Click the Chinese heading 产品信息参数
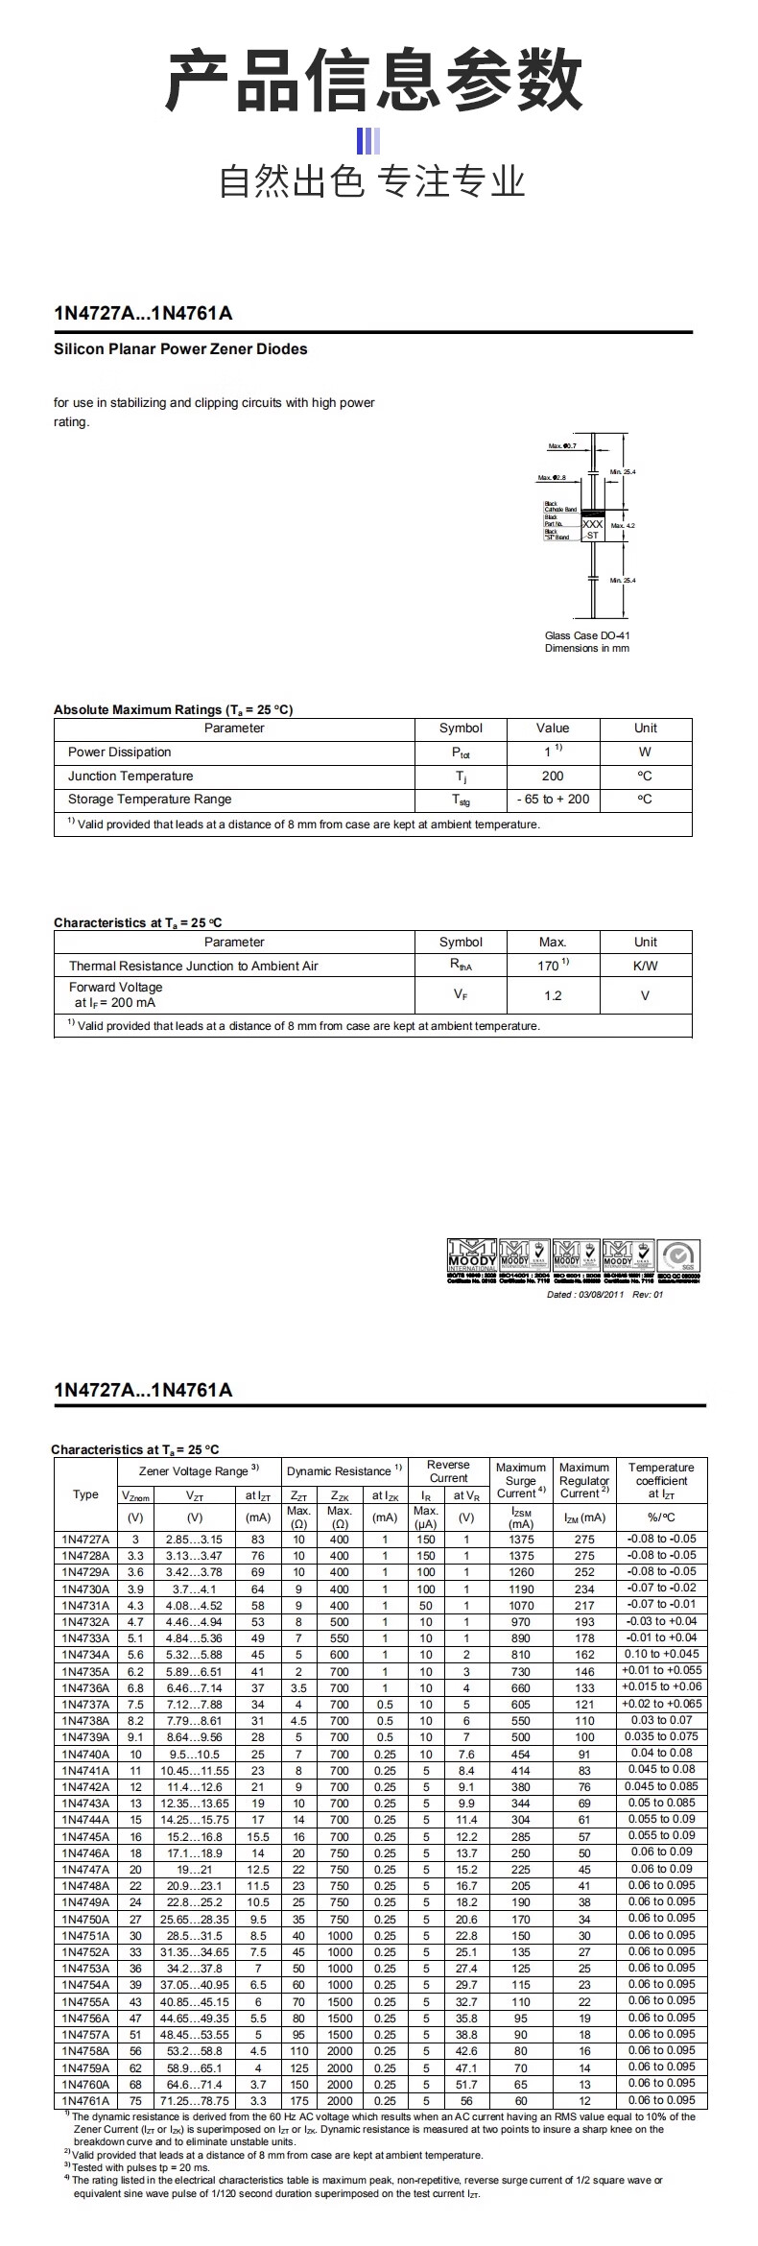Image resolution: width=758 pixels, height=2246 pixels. (375, 81)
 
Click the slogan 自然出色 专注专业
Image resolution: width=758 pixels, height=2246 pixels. (373, 180)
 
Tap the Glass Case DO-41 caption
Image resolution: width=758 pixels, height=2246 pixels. (587, 635)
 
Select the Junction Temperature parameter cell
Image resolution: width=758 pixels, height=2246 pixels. (130, 777)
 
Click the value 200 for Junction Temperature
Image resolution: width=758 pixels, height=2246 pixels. (553, 777)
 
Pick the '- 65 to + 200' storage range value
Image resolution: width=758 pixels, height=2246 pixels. (553, 800)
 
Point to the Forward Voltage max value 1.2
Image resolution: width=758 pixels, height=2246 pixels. (553, 995)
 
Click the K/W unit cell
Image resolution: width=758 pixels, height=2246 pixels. (646, 966)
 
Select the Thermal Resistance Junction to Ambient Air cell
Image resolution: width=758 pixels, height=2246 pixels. (193, 966)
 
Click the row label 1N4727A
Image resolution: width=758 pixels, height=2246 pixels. (85, 1540)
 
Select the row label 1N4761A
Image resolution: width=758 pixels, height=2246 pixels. (85, 2101)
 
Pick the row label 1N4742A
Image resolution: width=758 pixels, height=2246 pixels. (85, 1787)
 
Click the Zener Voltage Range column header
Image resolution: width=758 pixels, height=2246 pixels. (199, 1470)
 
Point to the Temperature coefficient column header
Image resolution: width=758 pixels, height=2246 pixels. (661, 1480)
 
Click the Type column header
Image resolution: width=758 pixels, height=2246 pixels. (85, 1494)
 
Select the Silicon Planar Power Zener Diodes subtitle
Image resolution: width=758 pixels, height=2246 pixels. (180, 349)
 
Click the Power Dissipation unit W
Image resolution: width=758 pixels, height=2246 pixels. (645, 753)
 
